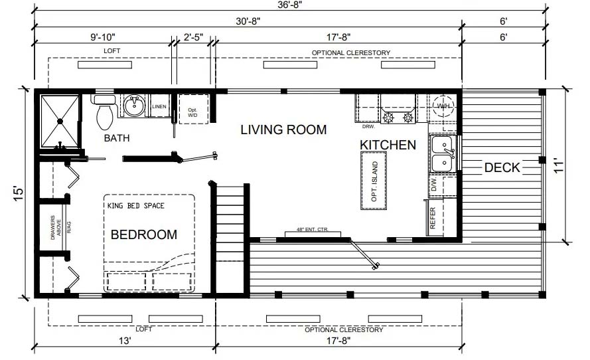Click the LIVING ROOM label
[283, 130]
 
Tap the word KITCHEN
[388, 145]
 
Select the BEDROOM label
[144, 234]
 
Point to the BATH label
[117, 138]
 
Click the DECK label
[502, 167]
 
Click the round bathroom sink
[134, 106]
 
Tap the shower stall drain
[60, 121]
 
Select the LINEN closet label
[159, 106]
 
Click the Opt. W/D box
[193, 109]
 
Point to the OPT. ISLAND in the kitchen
[374, 181]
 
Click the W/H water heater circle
[443, 106]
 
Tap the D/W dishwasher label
[434, 185]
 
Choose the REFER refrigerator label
[432, 218]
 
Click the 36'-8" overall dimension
[290, 5]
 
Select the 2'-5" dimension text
[193, 37]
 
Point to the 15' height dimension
[19, 193]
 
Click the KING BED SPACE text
[136, 206]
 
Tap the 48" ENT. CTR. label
[313, 229]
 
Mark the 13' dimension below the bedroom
[125, 341]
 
